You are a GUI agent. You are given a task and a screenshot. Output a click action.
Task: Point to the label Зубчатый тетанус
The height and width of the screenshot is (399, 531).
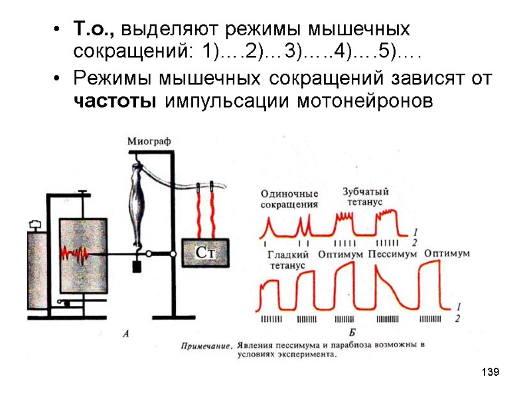tap(365, 196)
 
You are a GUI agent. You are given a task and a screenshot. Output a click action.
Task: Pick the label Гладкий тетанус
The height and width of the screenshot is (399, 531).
tap(287, 259)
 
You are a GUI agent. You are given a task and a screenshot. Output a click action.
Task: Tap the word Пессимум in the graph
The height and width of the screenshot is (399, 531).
tap(392, 254)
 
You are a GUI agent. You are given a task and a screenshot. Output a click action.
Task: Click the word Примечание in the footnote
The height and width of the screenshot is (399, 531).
tap(207, 346)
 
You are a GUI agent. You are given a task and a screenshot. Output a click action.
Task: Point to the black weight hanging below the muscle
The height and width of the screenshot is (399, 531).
tap(138, 266)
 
